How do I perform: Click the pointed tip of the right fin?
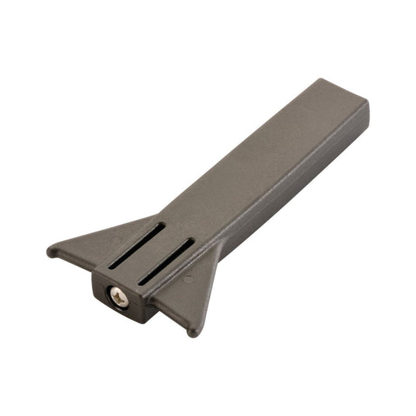coord(194,332)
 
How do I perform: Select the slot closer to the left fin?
coord(137,245)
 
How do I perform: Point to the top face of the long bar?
coord(257,156)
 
